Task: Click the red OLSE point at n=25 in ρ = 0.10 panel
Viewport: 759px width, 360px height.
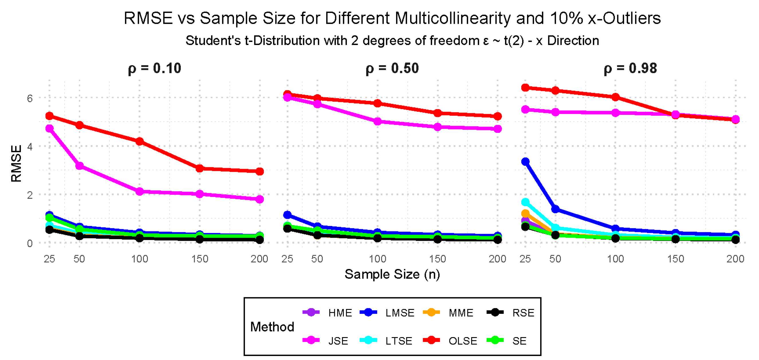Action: [50, 116]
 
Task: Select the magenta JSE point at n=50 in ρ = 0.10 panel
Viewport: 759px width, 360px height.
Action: [80, 166]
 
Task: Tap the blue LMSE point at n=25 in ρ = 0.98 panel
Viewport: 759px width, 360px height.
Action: [525, 162]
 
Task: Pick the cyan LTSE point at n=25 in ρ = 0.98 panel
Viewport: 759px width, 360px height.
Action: [525, 202]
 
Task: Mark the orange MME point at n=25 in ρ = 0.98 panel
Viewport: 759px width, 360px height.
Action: [525, 214]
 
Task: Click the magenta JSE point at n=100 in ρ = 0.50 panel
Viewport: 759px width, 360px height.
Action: [377, 121]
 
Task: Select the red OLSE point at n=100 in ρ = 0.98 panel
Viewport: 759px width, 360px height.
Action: [615, 97]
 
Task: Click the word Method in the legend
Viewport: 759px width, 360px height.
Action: [272, 327]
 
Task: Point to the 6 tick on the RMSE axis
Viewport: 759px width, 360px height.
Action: [30, 99]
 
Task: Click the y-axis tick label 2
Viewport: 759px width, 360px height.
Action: [30, 195]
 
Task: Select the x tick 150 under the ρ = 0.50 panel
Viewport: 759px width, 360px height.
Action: [438, 259]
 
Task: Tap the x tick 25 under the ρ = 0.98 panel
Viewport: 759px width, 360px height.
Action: [525, 259]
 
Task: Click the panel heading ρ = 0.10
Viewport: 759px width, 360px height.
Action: [154, 68]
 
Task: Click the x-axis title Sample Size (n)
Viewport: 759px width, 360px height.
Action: [392, 274]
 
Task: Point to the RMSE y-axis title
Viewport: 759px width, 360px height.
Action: [16, 164]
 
